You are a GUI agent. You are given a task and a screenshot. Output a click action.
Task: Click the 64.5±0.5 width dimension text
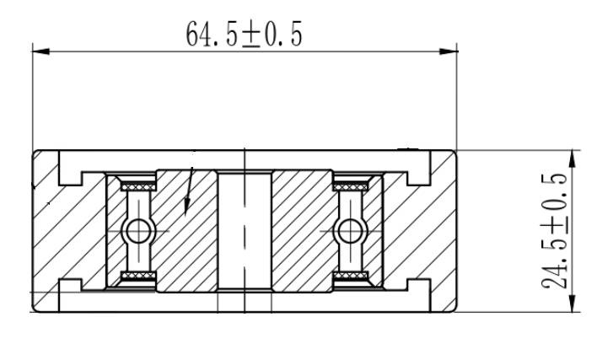[244, 34]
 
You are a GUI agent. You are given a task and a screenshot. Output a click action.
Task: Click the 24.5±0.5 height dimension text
[554, 231]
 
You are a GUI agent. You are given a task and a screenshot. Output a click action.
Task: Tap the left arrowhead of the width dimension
[41, 51]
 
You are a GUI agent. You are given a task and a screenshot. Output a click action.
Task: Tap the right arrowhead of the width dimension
[448, 51]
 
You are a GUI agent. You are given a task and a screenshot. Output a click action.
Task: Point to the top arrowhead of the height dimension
[572, 159]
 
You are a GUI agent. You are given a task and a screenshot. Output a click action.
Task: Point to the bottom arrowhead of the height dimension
[572, 303]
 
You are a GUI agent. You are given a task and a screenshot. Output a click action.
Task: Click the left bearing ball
[138, 231]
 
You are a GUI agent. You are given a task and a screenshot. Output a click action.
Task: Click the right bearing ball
[350, 231]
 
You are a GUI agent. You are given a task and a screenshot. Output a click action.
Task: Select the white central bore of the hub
[245, 231]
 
